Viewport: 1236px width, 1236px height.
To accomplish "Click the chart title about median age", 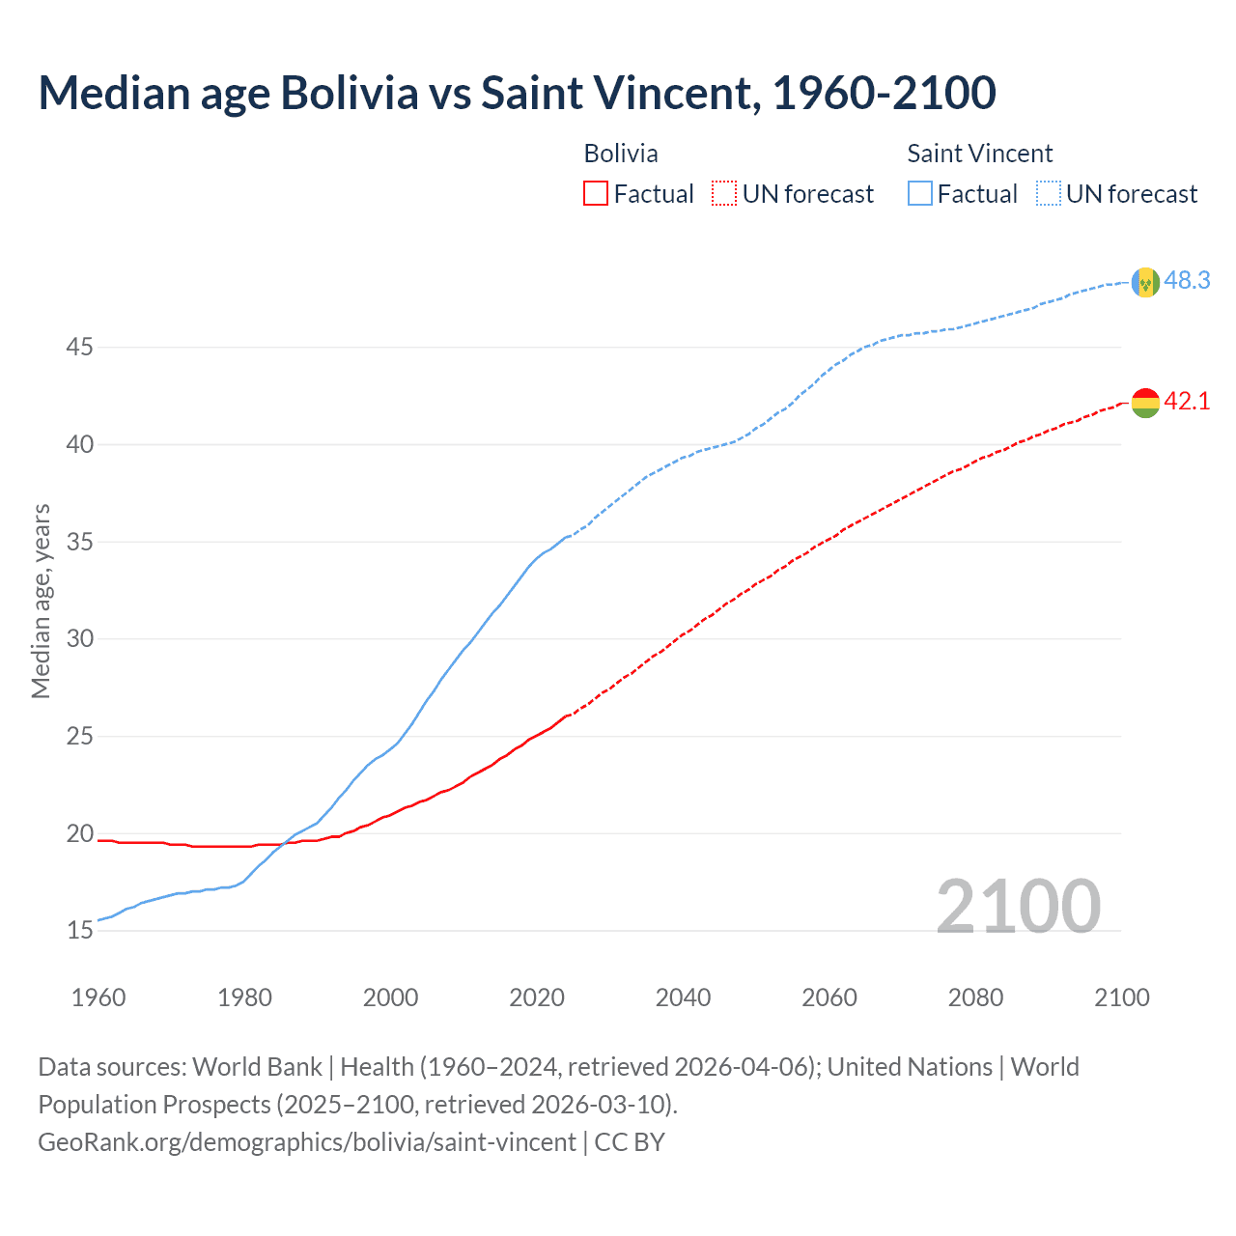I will tap(517, 94).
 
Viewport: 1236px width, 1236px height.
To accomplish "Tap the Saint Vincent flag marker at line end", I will tap(1145, 282).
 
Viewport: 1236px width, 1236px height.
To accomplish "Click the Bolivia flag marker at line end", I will tap(1145, 403).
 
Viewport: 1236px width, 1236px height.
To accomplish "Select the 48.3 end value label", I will tap(1187, 281).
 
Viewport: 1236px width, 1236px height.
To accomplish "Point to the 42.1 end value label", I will tap(1187, 402).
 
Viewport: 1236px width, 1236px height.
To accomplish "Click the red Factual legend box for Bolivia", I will tap(596, 194).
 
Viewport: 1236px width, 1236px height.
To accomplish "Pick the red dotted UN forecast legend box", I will tap(724, 194).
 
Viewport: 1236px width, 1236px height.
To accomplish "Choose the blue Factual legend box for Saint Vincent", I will tap(920, 194).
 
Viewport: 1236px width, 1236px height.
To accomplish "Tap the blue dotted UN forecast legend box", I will tap(1049, 194).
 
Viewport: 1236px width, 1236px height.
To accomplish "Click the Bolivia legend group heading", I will tap(621, 154).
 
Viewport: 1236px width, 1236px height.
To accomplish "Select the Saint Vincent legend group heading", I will tap(979, 154).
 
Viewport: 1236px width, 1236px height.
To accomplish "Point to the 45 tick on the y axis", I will tap(79, 347).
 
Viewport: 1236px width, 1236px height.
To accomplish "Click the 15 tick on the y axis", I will tap(79, 931).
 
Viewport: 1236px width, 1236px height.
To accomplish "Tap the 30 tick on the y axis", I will tap(79, 638).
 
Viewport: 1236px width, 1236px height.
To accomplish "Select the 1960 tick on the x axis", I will tap(98, 997).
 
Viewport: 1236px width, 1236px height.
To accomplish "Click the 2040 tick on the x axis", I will tap(683, 997).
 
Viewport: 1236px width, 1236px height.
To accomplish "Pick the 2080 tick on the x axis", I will tap(975, 997).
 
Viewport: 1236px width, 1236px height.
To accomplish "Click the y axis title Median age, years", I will tap(41, 601).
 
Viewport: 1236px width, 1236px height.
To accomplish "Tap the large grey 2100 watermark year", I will tap(1018, 906).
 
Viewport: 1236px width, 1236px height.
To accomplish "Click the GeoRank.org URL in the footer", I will tap(307, 1142).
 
